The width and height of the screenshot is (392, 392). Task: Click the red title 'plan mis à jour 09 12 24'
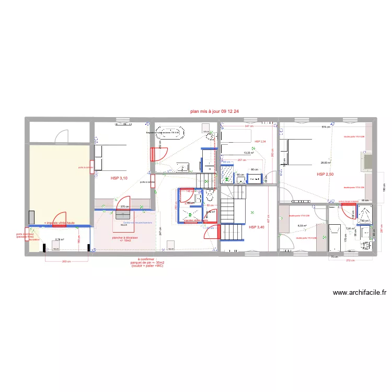(x=215, y=111)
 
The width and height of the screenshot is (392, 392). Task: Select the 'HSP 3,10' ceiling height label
(x=119, y=178)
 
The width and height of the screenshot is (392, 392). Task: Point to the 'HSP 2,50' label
(x=325, y=174)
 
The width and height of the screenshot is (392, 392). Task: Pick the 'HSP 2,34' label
(x=260, y=142)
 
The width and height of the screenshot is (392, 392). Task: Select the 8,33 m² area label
(x=302, y=226)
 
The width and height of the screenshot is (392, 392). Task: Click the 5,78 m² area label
(x=59, y=240)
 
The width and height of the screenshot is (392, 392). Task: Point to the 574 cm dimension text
(x=326, y=127)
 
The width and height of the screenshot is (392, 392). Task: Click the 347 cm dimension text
(x=248, y=126)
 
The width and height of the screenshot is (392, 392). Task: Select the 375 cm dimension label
(x=124, y=206)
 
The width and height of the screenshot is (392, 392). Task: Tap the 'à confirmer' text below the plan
(x=146, y=259)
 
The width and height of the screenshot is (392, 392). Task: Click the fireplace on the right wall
(x=365, y=161)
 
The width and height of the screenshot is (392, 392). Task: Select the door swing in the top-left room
(x=62, y=135)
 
